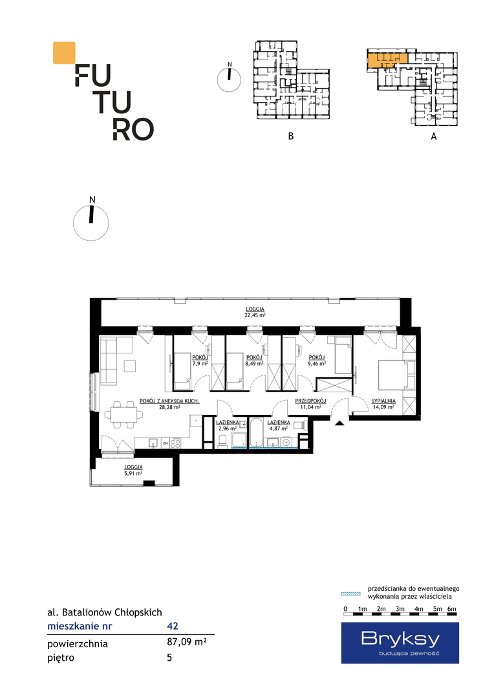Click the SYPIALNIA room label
pos(383,401)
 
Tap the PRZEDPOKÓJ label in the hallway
pos(310,401)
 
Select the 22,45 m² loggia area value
pos(255,315)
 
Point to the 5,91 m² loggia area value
pos(133,473)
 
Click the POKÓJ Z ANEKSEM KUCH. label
pos(169,401)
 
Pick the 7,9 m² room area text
pos(200,363)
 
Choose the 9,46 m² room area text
pos(317,363)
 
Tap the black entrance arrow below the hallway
pos(339,423)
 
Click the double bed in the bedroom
pos(392,375)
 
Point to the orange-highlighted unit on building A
pos(387,60)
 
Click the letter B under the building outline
pos(291,136)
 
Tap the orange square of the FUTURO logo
pos(64,52)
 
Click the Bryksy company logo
pos(400,643)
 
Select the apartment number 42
pos(173,626)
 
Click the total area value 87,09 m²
pos(186,643)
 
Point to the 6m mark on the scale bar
pos(452,609)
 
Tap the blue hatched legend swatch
pos(350,594)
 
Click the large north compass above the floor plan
pos(91,221)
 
